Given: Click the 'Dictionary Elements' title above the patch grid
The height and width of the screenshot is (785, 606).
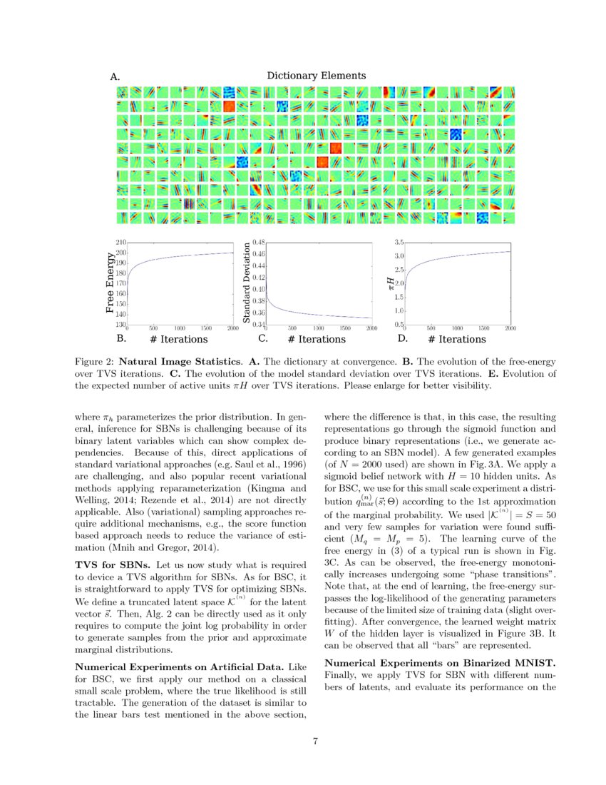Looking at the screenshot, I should [316, 76].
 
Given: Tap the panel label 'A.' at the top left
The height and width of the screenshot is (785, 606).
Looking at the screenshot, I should [115, 76].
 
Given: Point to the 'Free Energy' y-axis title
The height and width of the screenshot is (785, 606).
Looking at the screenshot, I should [109, 283].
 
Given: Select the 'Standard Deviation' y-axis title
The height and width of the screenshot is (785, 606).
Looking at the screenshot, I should [247, 283].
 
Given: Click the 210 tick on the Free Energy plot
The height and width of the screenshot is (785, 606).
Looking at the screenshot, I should [120, 243].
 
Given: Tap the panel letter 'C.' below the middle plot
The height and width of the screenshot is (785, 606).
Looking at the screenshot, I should [262, 338].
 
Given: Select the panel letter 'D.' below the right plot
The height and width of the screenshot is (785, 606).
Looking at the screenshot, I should [403, 338].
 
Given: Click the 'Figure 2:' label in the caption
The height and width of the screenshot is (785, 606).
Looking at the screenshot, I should [94, 362].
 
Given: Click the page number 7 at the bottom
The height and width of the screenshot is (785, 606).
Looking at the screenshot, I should [315, 740].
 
